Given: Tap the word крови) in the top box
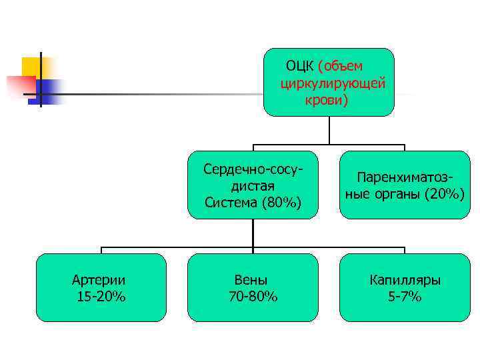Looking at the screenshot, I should click(327, 100).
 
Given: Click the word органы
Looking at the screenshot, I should click(401, 194).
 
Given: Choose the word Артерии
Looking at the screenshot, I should click(101, 280).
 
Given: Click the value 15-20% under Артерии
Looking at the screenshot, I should click(101, 297).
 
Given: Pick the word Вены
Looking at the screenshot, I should click(253, 280).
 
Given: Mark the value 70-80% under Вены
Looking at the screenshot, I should click(253, 297).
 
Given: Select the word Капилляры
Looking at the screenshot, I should click(405, 280).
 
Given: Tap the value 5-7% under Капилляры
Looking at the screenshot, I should click(405, 297).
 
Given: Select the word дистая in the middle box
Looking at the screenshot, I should click(253, 186).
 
